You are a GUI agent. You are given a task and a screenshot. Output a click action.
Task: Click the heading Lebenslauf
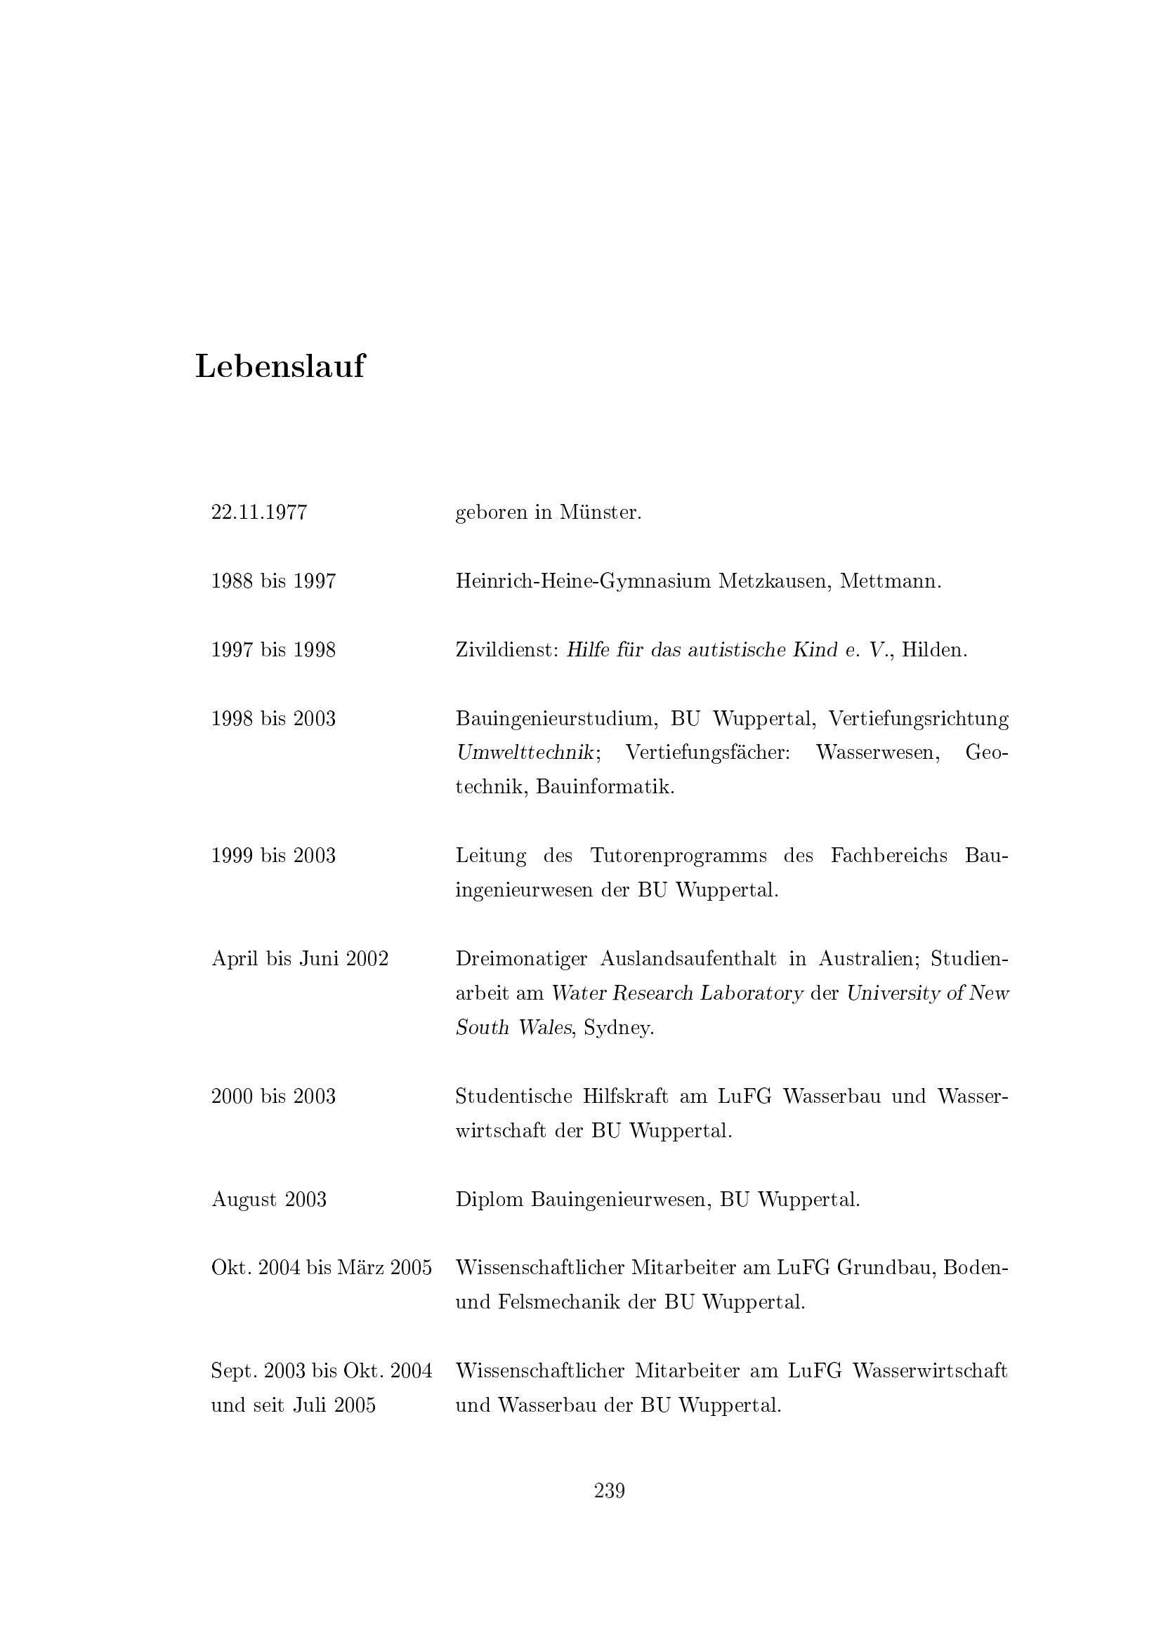point(280,367)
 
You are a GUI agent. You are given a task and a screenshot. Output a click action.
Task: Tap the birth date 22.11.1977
point(259,512)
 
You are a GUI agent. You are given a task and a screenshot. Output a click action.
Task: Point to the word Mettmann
point(890,581)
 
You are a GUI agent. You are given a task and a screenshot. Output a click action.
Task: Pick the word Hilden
point(933,650)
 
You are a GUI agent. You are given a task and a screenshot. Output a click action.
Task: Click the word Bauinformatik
point(605,788)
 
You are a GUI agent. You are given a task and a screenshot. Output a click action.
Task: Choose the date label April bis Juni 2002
point(300,959)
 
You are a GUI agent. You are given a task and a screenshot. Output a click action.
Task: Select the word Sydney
point(619,1028)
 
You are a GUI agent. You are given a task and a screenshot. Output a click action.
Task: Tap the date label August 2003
point(269,1199)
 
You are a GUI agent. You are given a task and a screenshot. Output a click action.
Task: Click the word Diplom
point(490,1199)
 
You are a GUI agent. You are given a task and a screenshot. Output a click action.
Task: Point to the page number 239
point(610,1491)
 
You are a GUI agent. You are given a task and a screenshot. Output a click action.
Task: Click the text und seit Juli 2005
point(294,1405)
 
